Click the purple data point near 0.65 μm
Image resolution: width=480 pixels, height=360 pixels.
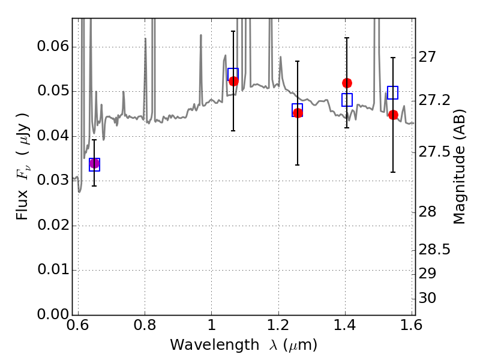pyautogui.click(x=94, y=164)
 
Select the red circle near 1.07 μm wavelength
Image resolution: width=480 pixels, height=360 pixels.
pyautogui.click(x=233, y=81)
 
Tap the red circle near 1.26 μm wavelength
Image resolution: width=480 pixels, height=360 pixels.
pyautogui.click(x=298, y=113)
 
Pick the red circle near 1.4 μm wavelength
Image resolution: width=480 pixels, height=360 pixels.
pyautogui.click(x=347, y=83)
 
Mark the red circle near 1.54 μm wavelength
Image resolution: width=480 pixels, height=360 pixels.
pyautogui.click(x=393, y=115)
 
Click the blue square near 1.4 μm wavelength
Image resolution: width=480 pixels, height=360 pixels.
pyautogui.click(x=347, y=100)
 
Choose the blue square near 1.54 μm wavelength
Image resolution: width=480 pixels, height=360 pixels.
pyautogui.click(x=393, y=92)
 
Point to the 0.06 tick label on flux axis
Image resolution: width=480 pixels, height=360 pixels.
pyautogui.click(x=53, y=47)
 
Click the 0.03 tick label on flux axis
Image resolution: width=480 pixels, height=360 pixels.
pyautogui.click(x=53, y=181)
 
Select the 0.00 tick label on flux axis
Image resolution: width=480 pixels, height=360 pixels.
pyautogui.click(x=53, y=314)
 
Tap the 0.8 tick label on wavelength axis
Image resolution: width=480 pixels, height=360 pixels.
pyautogui.click(x=145, y=325)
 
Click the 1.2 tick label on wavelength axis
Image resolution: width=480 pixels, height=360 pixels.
pyautogui.click(x=278, y=325)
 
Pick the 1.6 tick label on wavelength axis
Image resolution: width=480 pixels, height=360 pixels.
pyautogui.click(x=412, y=325)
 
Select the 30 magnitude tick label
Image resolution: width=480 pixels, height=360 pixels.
pyautogui.click(x=427, y=298)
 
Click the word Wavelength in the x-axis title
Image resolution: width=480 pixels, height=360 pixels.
pyautogui.click(x=215, y=345)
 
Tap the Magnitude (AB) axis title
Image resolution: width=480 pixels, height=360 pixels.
pyautogui.click(x=459, y=167)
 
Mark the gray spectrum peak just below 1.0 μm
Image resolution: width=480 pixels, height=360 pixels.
pyautogui.click(x=201, y=35)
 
